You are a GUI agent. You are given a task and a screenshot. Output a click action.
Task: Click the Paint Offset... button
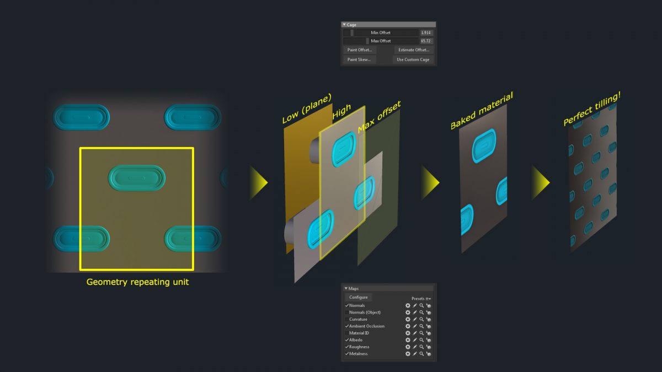360,50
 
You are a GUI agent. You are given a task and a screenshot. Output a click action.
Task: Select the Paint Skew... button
359,60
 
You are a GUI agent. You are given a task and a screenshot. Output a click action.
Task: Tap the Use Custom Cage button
413,60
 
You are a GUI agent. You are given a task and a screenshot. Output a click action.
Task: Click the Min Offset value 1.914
426,33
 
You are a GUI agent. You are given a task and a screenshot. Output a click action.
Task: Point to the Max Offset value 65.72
426,41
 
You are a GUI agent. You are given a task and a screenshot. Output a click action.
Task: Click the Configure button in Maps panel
358,298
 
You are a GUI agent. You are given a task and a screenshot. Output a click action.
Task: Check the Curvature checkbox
347,320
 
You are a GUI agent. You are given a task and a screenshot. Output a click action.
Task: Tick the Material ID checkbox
347,333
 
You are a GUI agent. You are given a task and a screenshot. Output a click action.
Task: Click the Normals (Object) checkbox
347,312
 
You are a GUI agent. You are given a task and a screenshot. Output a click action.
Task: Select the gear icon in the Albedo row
408,340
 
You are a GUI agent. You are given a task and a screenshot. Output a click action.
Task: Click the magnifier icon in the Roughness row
421,347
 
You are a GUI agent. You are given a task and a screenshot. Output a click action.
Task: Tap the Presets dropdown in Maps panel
421,299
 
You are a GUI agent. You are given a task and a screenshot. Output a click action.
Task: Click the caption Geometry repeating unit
137,282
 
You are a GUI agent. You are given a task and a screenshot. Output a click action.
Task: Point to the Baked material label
482,111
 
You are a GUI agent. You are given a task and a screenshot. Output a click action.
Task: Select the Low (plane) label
307,109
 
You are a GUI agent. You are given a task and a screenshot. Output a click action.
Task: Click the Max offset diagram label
379,117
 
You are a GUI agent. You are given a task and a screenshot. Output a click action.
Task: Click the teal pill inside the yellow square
136,178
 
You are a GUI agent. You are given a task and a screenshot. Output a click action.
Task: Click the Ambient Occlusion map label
366,326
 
